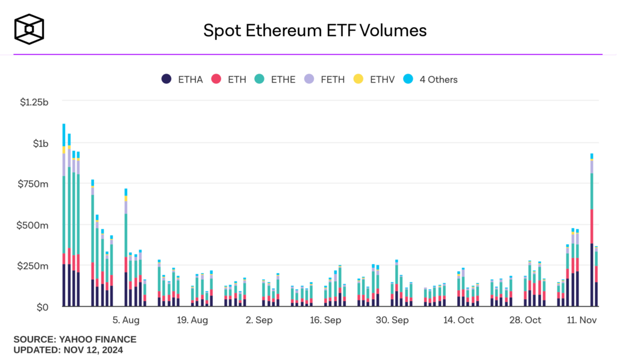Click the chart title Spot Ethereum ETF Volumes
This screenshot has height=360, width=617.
pos(315,30)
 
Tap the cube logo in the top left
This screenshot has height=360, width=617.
pos(30,29)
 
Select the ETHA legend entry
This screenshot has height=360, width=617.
pos(183,79)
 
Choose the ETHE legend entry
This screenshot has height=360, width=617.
pos(275,79)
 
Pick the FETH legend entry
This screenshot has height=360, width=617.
pos(327,79)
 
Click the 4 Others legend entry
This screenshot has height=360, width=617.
pos(431,79)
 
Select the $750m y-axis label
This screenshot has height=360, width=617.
pos(34,184)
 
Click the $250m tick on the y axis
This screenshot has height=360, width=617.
pos(34,266)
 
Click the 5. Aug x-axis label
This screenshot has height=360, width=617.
pos(126,320)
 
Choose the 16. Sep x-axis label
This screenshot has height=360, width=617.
pos(325,320)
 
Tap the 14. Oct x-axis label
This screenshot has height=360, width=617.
pos(459,320)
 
